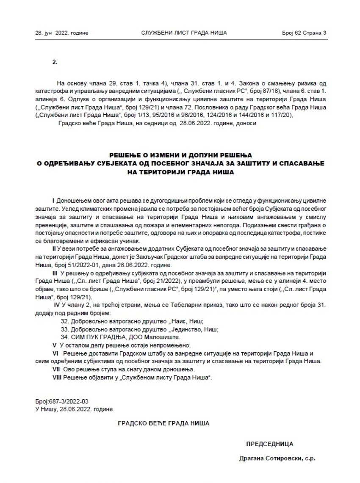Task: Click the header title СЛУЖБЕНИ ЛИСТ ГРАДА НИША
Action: click(x=184, y=33)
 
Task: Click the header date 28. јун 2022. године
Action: click(x=62, y=33)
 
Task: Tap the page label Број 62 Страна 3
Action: click(x=304, y=33)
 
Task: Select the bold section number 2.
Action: click(x=55, y=62)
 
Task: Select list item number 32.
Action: click(x=65, y=321)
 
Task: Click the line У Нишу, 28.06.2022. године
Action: click(x=74, y=409)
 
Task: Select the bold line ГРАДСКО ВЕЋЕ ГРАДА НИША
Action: click(x=163, y=422)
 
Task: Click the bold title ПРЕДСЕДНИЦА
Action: click(x=269, y=444)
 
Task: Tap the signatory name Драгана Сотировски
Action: click(x=271, y=458)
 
